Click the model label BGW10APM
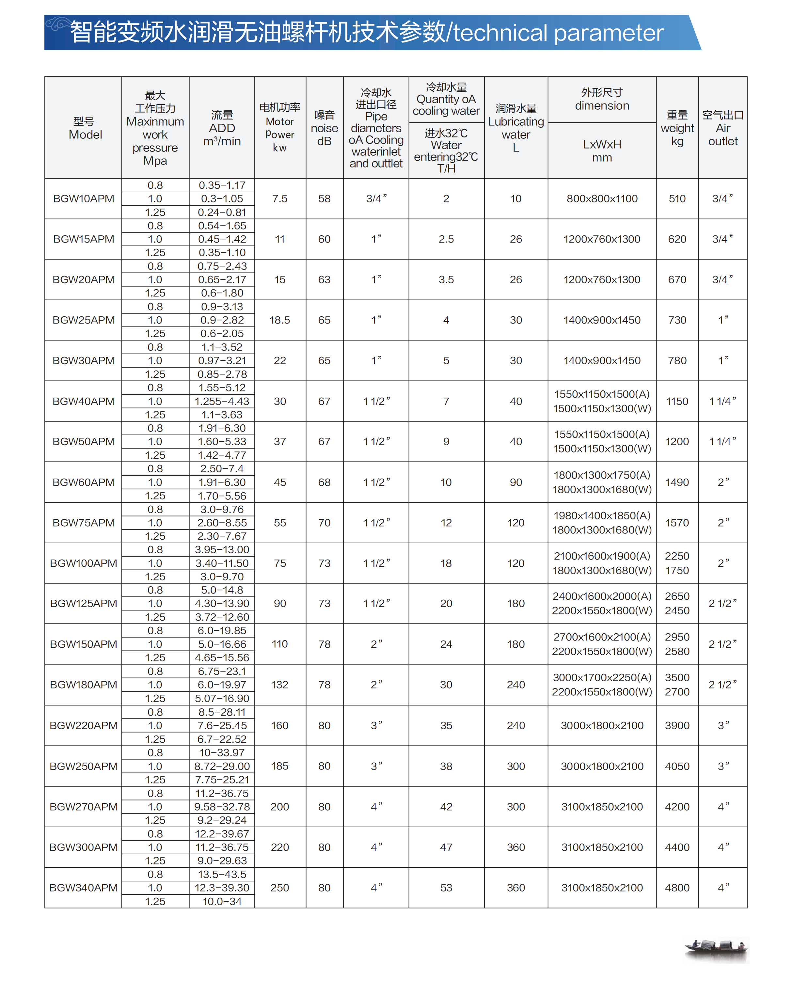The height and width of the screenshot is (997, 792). [83, 199]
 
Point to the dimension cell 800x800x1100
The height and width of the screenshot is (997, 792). [602, 199]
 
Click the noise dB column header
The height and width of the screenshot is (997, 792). [324, 128]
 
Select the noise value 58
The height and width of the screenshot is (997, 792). [324, 199]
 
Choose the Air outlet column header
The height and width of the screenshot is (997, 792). [723, 128]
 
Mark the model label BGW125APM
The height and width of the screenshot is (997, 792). [83, 604]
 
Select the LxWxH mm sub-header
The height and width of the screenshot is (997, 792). [602, 151]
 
